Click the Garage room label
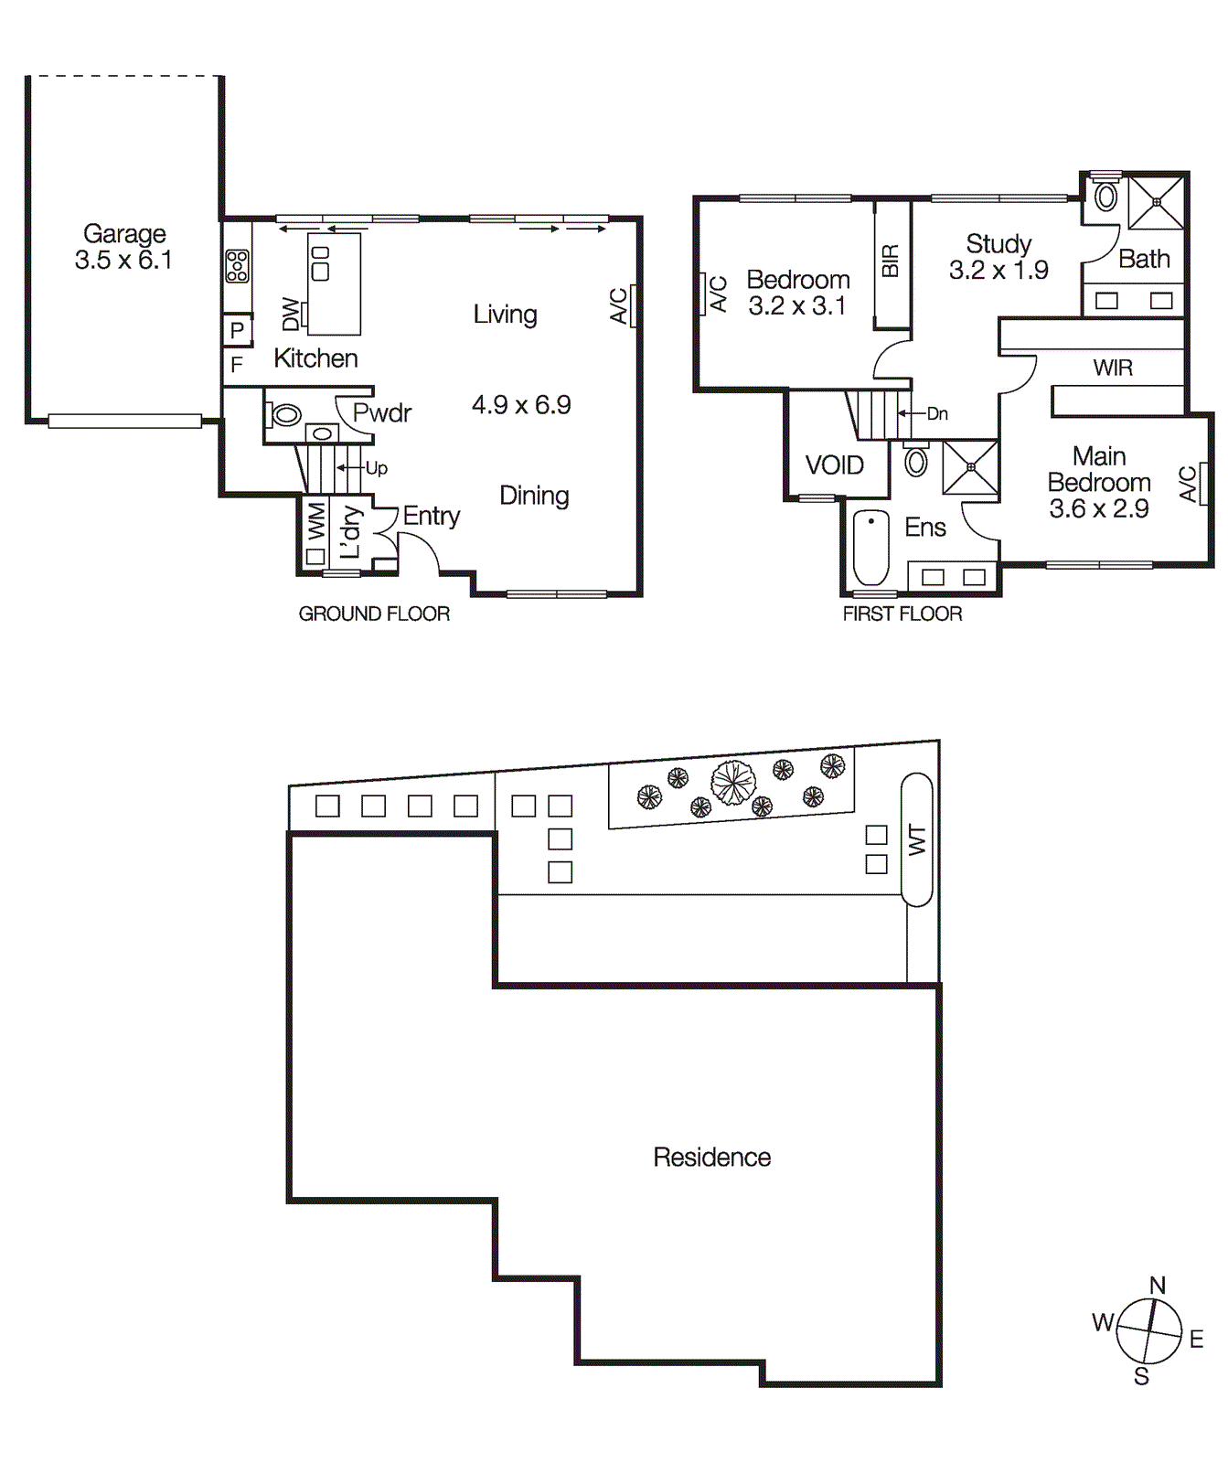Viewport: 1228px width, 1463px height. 124,234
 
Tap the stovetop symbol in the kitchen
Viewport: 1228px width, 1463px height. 237,265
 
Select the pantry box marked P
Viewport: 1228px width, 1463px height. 237,330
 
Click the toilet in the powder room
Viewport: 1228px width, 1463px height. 284,415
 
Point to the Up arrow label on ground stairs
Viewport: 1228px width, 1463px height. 376,468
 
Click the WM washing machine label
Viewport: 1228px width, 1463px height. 316,520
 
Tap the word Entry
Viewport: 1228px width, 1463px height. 431,516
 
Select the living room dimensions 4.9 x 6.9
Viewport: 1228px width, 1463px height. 521,405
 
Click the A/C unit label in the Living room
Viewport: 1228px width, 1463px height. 620,306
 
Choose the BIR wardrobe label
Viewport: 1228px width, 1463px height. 891,262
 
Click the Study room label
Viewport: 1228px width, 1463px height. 998,244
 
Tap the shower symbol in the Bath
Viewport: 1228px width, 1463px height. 1156,202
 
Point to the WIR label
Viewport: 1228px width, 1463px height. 1113,368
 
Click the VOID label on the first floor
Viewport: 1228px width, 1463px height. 834,465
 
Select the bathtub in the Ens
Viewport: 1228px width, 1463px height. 870,547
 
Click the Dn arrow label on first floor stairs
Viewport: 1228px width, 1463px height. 937,413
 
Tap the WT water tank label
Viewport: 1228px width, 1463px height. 917,839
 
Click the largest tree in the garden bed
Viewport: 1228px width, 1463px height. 733,784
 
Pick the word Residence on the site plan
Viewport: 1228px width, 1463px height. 711,1158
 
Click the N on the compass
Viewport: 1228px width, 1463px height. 1158,1285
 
